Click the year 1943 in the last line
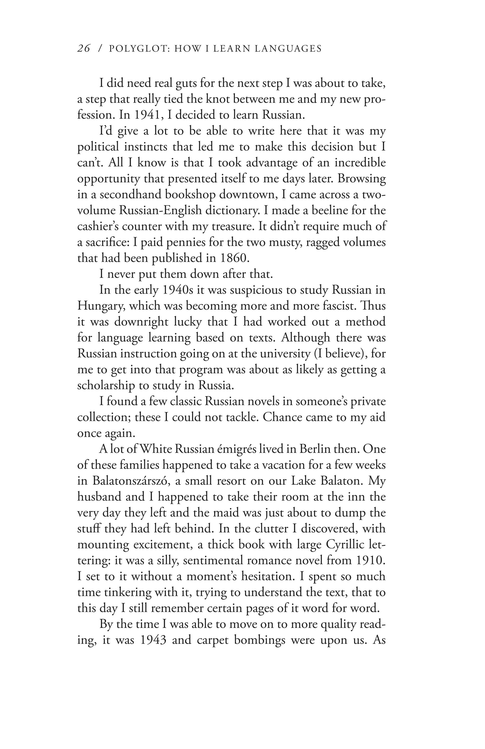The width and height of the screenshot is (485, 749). point(152,640)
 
